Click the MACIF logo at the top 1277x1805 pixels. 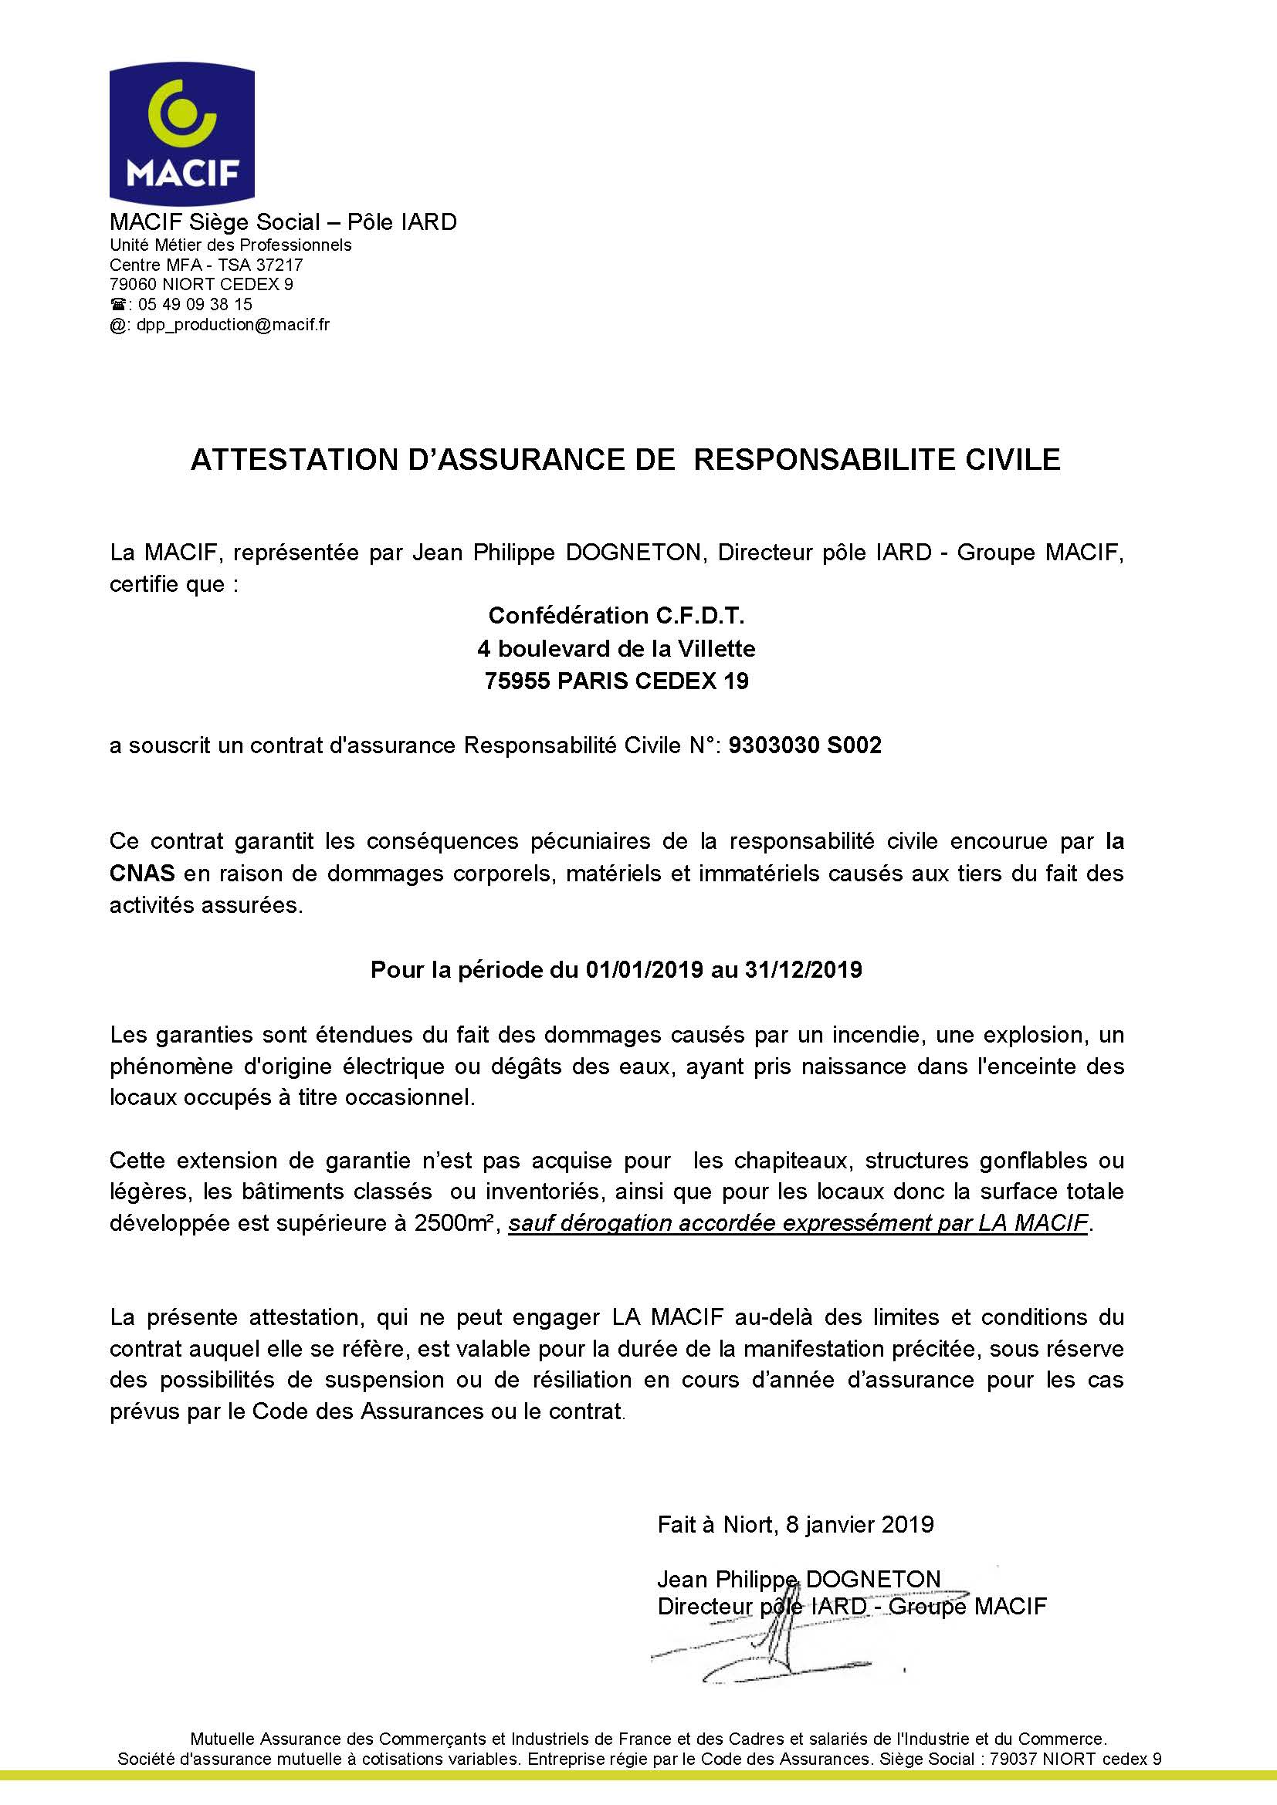(181, 134)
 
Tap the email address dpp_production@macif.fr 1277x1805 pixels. (232, 325)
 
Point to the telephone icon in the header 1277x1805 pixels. (117, 304)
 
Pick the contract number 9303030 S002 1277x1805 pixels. (805, 745)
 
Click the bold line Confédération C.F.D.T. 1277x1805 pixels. (616, 615)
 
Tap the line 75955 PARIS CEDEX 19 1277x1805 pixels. (616, 681)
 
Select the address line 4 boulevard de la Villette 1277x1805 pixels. (616, 648)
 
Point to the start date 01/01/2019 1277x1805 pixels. (644, 969)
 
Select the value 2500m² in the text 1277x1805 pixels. (456, 1224)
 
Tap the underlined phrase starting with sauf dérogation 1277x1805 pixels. (799, 1224)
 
